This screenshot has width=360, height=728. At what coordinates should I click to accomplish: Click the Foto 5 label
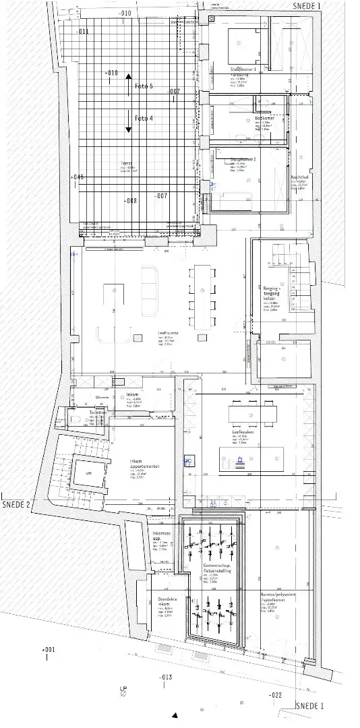(144, 86)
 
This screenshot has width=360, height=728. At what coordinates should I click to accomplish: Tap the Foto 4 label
(144, 118)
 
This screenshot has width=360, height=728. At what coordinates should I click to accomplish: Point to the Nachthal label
(299, 177)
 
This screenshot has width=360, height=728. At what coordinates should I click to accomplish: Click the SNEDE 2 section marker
(17, 504)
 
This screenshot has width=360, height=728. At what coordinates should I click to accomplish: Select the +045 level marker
(76, 177)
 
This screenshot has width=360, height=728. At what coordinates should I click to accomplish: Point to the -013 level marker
(165, 676)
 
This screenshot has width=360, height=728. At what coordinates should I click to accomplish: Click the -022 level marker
(274, 694)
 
